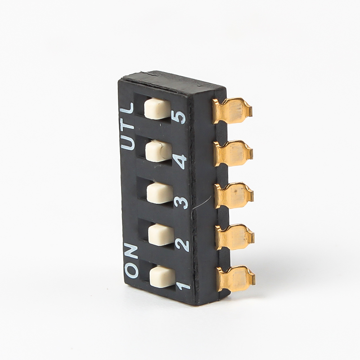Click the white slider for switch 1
pyautogui.click(x=162, y=277)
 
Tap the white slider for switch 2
pyautogui.click(x=161, y=235)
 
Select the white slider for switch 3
pyautogui.click(x=160, y=193)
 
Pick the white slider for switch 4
pyautogui.click(x=159, y=151)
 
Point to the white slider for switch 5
pyautogui.click(x=157, y=109)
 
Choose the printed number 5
pyautogui.click(x=179, y=117)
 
